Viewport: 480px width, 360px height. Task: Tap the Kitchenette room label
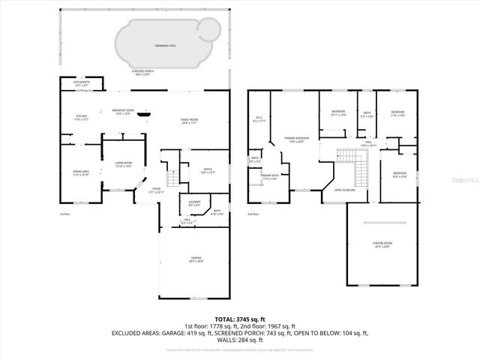(81, 84)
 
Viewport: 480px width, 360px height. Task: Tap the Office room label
(208, 171)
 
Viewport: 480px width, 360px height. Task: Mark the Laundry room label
(193, 204)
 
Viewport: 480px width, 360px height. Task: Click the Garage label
(195, 260)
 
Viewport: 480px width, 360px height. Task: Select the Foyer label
(156, 190)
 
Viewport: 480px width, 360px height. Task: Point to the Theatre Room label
(382, 244)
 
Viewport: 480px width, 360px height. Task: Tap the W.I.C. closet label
(259, 118)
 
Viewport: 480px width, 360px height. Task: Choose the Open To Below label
(344, 190)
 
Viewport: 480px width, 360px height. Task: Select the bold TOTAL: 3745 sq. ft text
(239, 318)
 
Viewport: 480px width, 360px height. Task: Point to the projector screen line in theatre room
(382, 223)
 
